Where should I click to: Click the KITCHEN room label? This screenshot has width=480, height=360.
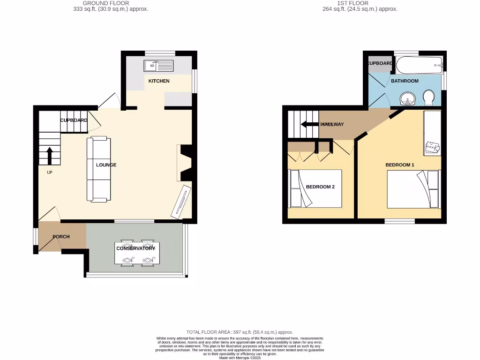click(159, 81)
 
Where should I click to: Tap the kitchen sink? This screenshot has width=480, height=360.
click(158, 66)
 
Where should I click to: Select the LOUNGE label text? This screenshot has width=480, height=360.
click(106, 165)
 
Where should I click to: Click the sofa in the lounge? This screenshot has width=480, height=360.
click(98, 169)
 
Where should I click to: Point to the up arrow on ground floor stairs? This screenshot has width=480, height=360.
click(50, 155)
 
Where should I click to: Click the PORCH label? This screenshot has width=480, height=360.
click(61, 237)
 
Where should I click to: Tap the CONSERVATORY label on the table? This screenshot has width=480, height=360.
click(135, 248)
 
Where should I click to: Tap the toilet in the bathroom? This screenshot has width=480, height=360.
click(428, 98)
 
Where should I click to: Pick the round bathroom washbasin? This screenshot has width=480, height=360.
click(408, 98)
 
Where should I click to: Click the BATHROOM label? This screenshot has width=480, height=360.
click(405, 81)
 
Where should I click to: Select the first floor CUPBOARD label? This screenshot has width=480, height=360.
click(380, 63)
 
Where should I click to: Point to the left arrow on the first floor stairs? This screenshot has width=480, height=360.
click(310, 124)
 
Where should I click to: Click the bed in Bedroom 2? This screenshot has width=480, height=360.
click(316, 188)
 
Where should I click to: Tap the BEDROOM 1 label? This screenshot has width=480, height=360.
click(400, 165)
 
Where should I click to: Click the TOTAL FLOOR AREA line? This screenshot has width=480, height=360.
click(240, 331)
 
